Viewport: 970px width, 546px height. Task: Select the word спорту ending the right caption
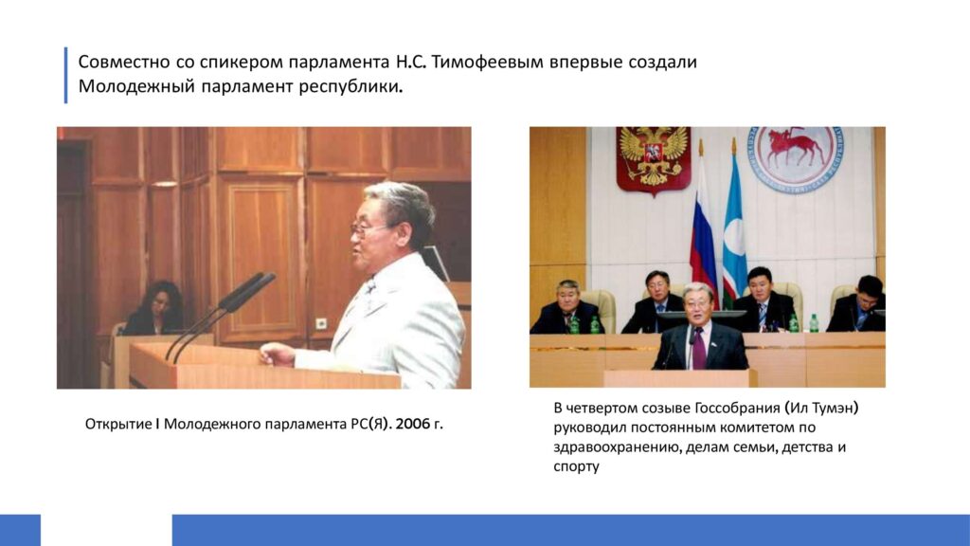(577, 467)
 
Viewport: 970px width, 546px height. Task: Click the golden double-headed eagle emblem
(654, 158)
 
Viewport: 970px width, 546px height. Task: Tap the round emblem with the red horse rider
(795, 157)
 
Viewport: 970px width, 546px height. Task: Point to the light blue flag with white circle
(734, 230)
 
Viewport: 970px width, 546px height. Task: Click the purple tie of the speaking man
(699, 349)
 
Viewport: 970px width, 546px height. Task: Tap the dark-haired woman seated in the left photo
(154, 310)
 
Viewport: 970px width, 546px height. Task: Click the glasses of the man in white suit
(367, 229)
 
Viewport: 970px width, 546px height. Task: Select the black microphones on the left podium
(220, 316)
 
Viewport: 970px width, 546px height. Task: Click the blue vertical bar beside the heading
(65, 75)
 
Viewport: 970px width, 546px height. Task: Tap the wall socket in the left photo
(321, 323)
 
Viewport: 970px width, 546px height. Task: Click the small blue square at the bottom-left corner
(21, 530)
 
